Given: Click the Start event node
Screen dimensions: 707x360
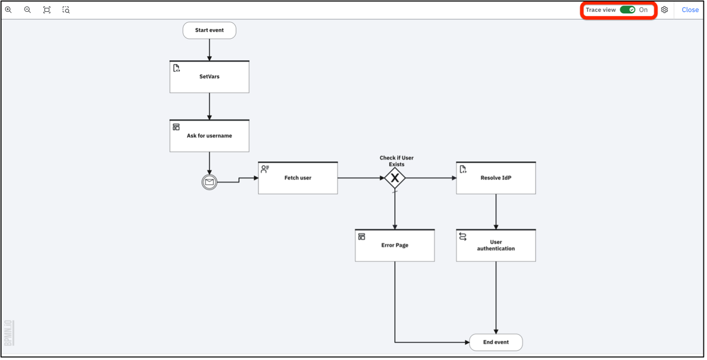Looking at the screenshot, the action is pos(209,31).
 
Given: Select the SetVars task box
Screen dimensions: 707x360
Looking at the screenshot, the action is pos(209,77).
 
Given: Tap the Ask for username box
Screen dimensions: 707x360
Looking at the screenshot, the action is pos(209,136).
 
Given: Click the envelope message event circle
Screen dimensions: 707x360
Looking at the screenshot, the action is pos(209,182).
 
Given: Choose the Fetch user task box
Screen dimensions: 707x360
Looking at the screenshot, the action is pos(298,178).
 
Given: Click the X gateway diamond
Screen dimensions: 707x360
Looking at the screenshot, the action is pos(395,178).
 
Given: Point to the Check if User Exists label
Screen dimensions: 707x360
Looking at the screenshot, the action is pos(396,161).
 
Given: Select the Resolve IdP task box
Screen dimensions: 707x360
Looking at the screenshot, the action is pos(496,178).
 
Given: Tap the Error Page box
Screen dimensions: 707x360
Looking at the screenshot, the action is pos(395,245).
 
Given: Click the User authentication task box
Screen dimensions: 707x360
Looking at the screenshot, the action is pos(496,245).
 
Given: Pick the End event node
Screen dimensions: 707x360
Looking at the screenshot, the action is pos(496,342).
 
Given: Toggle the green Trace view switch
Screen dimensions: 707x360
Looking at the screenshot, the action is pos(628,10).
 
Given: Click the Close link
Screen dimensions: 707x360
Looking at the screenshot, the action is pos(690,10).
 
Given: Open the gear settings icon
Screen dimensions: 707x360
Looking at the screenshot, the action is pos(664,10).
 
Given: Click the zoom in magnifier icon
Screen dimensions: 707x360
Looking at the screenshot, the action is pos(9,10).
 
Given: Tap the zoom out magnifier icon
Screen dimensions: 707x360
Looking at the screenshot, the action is pos(27,10).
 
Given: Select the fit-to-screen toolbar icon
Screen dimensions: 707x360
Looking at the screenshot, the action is pos(47,10).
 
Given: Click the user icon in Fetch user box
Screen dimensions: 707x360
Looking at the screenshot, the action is pos(265,169).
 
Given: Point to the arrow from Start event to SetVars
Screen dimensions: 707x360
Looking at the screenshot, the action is pos(209,50).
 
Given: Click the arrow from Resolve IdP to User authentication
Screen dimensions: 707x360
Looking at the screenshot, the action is pos(496,212).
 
